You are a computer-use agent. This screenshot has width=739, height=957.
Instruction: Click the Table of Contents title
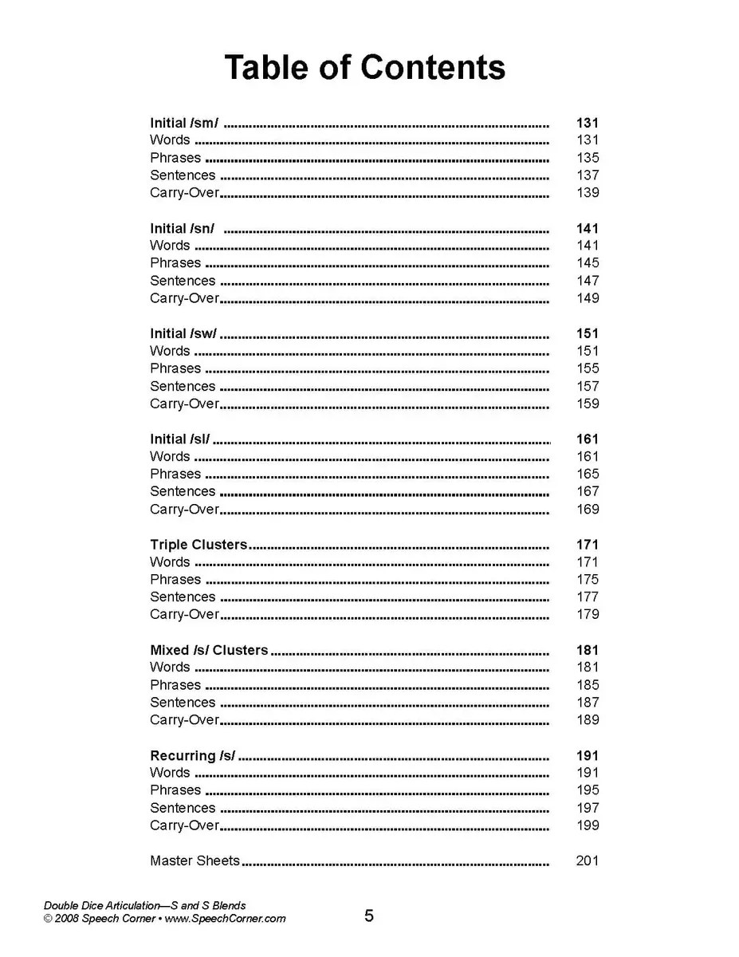364,68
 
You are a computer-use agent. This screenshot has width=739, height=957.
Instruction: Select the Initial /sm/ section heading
184,123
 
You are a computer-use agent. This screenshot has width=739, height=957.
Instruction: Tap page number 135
588,158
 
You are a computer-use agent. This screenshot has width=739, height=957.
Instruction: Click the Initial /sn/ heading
182,229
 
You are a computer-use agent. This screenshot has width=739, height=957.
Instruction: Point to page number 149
588,298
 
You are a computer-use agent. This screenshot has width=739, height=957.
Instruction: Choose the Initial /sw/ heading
183,334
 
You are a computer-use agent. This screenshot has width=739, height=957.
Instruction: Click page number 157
588,386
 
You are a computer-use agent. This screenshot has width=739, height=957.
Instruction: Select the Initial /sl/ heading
180,439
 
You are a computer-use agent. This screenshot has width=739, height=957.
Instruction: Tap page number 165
588,474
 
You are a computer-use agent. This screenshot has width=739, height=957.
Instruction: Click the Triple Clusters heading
199,545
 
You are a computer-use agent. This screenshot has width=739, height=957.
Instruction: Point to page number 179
588,614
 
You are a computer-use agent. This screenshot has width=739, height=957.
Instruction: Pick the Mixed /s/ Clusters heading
209,650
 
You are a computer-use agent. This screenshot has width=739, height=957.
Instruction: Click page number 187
588,703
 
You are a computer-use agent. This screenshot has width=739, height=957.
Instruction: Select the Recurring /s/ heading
192,755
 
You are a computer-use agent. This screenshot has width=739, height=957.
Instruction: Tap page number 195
588,790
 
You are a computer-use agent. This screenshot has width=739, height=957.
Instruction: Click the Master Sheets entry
195,861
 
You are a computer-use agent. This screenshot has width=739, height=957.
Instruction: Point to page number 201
588,861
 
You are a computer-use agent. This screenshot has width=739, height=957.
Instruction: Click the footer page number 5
369,916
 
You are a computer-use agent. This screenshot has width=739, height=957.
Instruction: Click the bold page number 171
588,545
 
